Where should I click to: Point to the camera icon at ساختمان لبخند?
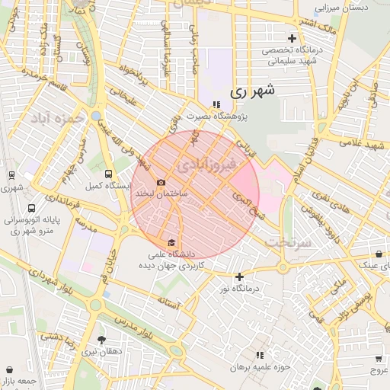(161, 182)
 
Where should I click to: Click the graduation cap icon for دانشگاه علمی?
(169, 243)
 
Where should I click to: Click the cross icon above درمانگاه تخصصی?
(292, 38)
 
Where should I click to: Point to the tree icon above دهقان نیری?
(101, 340)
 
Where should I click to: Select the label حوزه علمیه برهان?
(261, 367)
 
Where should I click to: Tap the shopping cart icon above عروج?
(379, 358)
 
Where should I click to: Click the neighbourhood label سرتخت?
(289, 241)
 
